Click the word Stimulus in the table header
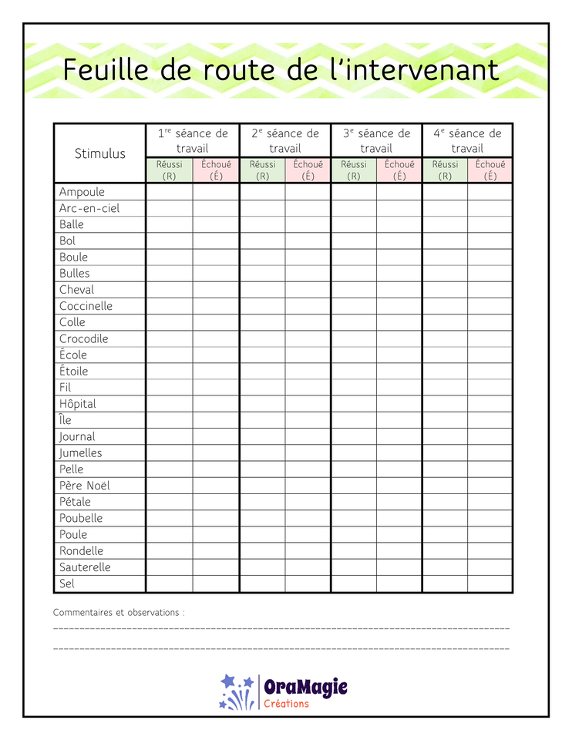pos(99,153)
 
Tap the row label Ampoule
pos(82,192)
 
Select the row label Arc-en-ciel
pos(89,208)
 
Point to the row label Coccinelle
pos(86,306)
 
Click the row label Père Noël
pos(90,486)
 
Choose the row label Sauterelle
pos(85,567)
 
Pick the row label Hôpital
pos(78,404)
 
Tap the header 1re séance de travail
pos(193,140)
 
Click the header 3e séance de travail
pos(376,140)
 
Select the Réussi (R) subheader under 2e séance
pos(262,170)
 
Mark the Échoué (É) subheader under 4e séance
pos(490,170)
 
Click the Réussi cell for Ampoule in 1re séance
pos(170,192)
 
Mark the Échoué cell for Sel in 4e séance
pos(490,584)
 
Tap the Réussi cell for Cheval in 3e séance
pos(354,290)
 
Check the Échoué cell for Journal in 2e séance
pos(308,437)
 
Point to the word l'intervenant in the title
pos(412,70)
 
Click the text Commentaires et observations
pos(119,613)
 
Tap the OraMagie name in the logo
pos(305,687)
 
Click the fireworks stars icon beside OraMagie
pos(236,691)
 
